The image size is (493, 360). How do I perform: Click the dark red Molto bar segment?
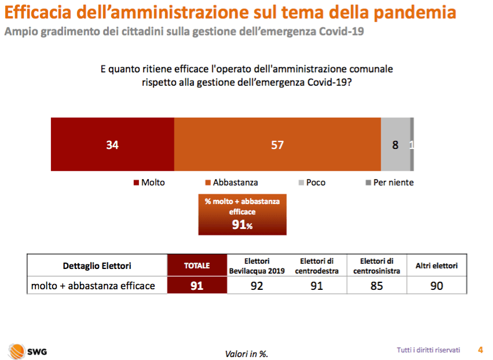(112, 144)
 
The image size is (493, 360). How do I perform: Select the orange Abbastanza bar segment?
(277, 144)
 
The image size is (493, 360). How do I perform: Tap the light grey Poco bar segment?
(395, 144)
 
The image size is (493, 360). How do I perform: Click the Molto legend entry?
(149, 182)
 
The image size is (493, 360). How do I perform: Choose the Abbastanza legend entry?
(231, 182)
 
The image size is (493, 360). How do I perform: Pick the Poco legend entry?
(311, 182)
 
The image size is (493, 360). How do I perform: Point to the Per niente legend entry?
(389, 182)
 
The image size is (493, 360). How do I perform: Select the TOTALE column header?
(197, 266)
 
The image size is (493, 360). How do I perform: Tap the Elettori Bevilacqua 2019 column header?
(257, 266)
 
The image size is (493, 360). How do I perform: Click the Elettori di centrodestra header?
(316, 266)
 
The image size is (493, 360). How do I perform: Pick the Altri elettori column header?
(437, 266)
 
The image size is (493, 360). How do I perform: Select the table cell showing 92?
(257, 285)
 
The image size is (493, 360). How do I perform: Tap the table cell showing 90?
(437, 285)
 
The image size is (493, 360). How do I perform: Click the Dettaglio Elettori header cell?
(97, 266)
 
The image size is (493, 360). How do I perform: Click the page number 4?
(480, 350)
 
